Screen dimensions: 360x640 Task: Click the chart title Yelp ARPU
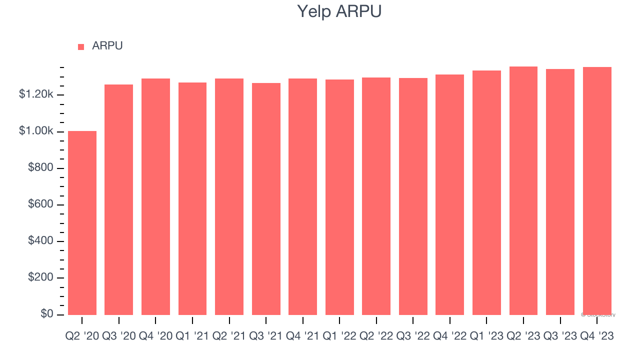[339, 11]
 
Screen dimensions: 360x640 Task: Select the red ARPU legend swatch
[81, 47]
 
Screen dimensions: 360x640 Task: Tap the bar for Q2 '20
[82, 223]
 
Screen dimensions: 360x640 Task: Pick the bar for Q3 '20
[118, 199]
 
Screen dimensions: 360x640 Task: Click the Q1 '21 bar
[192, 198]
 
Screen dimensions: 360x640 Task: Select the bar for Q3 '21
[266, 199]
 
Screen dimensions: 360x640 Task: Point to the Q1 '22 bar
[339, 197]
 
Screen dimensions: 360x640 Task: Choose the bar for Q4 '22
[449, 194]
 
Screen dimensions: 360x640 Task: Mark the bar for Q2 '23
[523, 190]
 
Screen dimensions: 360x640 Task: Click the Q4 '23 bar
[597, 191]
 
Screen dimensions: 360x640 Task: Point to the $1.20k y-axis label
[36, 94]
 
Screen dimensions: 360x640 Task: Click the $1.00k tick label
[36, 131]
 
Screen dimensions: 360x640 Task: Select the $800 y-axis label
[40, 168]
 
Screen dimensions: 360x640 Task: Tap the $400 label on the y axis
[40, 241]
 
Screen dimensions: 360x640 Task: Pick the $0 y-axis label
[47, 314]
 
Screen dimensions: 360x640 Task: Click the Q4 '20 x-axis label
[155, 336]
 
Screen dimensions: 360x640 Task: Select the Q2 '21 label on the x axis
[229, 336]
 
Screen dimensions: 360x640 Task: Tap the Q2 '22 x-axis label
[376, 336]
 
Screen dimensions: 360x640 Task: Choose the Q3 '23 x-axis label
[560, 336]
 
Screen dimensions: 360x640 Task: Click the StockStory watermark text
[598, 315]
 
